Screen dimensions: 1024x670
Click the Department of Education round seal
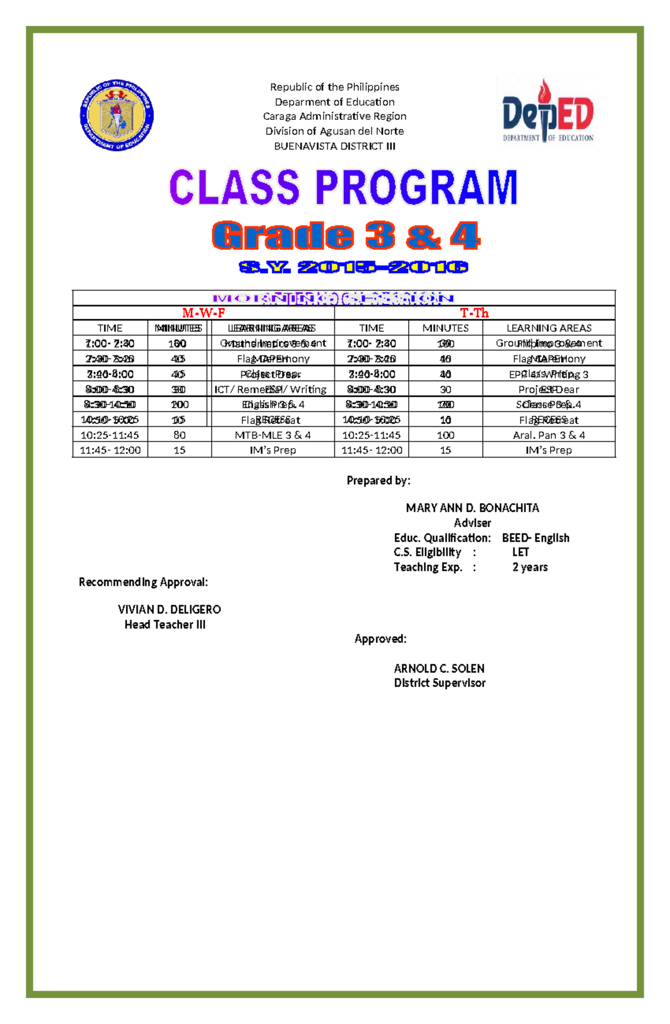[117, 115]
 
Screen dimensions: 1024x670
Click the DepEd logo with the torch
[548, 112]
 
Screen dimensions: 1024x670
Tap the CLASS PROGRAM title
[343, 188]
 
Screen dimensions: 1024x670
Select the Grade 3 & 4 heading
[346, 235]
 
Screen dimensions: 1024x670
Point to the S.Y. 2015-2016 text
[353, 267]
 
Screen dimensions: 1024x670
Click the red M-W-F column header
[203, 313]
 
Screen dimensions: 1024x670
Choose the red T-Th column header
[474, 313]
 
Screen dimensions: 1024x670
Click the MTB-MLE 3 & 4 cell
[272, 435]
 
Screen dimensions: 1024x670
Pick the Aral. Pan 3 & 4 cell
[549, 435]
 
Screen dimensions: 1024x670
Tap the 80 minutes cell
[179, 435]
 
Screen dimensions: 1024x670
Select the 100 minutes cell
[445, 435]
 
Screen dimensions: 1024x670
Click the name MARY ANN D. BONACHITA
[472, 508]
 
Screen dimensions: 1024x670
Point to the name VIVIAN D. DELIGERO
[169, 609]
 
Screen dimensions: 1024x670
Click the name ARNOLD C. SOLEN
[439, 669]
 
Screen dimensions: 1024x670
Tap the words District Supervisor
[439, 683]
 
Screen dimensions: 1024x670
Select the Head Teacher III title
[165, 624]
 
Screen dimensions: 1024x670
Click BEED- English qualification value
[535, 538]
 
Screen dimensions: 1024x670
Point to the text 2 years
[530, 567]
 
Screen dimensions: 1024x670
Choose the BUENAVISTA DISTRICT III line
[334, 146]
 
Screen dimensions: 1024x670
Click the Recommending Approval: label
[143, 582]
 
